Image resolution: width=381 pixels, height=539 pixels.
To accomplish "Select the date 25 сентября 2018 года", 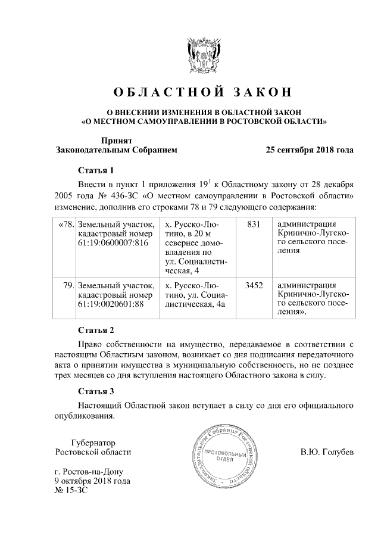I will [310, 149].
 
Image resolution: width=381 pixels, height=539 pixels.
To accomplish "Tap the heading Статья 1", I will [95, 170].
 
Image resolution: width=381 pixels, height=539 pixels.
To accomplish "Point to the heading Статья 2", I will [95, 329].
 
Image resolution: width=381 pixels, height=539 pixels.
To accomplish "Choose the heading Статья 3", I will [95, 391].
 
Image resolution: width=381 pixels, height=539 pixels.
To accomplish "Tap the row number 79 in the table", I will [68, 285].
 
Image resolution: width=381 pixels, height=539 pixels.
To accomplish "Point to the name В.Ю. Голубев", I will [326, 452].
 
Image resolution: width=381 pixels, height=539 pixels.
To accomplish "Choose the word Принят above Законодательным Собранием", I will [113, 140].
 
